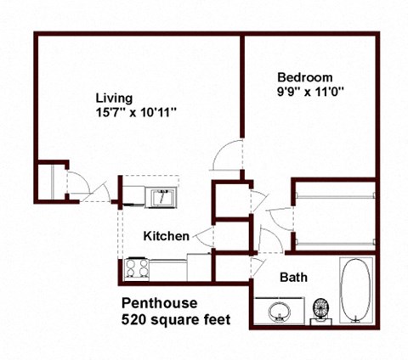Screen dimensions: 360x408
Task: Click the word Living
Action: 110,96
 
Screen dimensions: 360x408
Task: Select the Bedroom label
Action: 298,75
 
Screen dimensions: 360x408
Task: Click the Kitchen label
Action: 166,236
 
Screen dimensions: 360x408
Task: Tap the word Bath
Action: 293,278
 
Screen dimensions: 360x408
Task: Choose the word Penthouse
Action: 159,303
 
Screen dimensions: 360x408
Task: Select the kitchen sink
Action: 162,198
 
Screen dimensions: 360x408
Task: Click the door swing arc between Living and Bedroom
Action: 228,156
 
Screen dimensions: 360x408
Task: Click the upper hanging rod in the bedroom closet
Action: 334,196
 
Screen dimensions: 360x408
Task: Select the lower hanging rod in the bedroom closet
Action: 334,241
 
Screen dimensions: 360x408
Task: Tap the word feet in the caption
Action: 214,319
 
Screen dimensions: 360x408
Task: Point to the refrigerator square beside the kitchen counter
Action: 198,267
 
